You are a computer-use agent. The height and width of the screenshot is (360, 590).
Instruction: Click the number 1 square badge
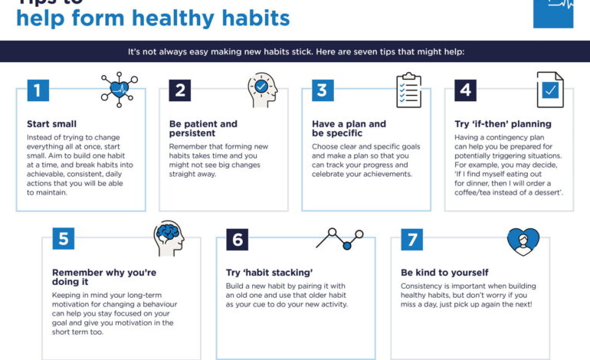pyautogui.click(x=38, y=90)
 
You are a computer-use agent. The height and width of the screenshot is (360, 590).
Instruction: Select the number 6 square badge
pyautogui.click(x=237, y=239)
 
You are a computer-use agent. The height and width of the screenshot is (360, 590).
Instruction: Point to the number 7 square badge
pyautogui.click(x=411, y=239)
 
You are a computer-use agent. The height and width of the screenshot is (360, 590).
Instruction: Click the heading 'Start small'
pyautogui.click(x=51, y=123)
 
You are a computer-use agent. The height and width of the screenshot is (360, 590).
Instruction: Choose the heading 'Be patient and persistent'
pyautogui.click(x=203, y=129)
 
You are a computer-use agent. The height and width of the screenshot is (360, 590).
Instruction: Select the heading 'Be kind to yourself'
pyautogui.click(x=444, y=272)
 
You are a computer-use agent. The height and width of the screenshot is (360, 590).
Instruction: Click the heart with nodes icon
pyautogui.click(x=119, y=89)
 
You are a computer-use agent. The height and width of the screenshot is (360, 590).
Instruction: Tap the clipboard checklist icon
pyautogui.click(x=408, y=90)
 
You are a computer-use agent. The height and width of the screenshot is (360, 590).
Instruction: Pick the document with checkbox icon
pyautogui.click(x=550, y=90)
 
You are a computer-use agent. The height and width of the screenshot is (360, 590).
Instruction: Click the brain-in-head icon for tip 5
pyautogui.click(x=168, y=237)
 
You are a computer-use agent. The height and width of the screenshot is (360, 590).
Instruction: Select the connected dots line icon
pyautogui.click(x=339, y=237)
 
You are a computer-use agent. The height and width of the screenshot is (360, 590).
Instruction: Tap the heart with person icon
pyautogui.click(x=523, y=241)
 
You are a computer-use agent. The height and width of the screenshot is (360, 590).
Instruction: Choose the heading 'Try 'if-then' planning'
pyautogui.click(x=503, y=123)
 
